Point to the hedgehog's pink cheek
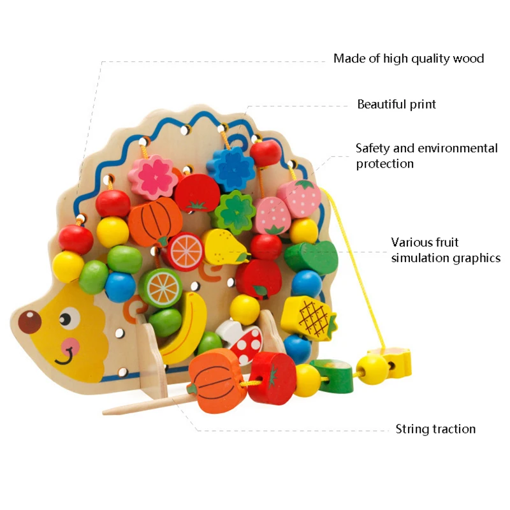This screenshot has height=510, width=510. pyautogui.click(x=70, y=345)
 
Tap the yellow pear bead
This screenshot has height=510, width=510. pyautogui.click(x=223, y=246)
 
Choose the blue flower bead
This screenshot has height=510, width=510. pyautogui.click(x=230, y=168)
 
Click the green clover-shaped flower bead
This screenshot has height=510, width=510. pyautogui.click(x=234, y=212)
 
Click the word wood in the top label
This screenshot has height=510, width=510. pyautogui.click(x=469, y=59)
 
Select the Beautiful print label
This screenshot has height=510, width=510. pyautogui.click(x=397, y=104)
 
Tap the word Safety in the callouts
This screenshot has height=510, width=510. pyautogui.click(x=372, y=149)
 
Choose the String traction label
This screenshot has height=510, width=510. pyautogui.click(x=435, y=429)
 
